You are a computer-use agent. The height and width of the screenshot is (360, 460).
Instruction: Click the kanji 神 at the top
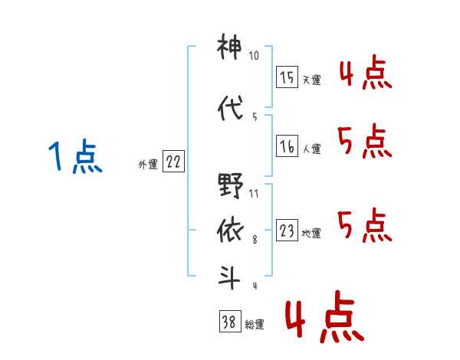pos(229,46)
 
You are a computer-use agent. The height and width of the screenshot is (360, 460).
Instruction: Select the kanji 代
pos(231,108)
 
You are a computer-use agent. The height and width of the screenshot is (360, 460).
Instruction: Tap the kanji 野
pos(231,185)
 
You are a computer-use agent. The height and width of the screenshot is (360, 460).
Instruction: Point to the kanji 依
pos(231,231)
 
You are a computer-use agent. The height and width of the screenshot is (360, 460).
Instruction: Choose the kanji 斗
pos(229,277)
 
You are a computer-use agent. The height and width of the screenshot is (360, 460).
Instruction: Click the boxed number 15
pos(287,77)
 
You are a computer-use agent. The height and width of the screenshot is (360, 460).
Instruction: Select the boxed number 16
pos(287,146)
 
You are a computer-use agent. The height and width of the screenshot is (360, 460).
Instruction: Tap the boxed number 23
pos(287,230)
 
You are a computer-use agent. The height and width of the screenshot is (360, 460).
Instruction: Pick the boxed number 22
pos(173,161)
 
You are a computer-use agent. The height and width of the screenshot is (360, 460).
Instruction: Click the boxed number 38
pos(230,321)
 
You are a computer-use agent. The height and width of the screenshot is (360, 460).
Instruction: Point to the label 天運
pos(312,80)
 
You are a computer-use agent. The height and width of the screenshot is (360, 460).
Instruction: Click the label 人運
pos(312,149)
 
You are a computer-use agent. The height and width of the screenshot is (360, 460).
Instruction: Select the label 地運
pos(311,233)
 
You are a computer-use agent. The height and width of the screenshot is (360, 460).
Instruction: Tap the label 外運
pos(148,165)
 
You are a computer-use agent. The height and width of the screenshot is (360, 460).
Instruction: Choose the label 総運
pos(255,325)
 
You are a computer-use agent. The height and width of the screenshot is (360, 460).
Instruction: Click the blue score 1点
pos(75,156)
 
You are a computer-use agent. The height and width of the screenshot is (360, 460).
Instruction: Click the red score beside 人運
pos(365,141)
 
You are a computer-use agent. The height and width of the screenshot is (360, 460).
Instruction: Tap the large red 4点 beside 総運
pos(325,316)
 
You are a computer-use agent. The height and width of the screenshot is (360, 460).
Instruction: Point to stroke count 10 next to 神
pos(254,55)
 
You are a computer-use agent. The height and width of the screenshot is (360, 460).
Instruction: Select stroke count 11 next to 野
pos(254,194)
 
